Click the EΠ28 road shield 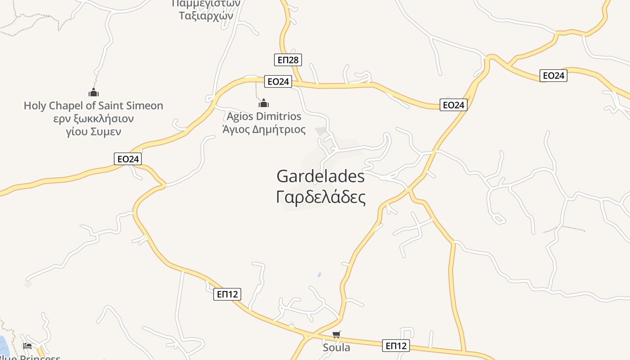(x=288, y=59)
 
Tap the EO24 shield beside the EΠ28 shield (x=278, y=81)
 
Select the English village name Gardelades (x=320, y=176)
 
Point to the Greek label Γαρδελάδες (x=320, y=197)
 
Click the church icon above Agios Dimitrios (x=264, y=103)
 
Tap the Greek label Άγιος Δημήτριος (x=264, y=130)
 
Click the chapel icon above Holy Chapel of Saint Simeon (x=94, y=93)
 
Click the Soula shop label (x=336, y=347)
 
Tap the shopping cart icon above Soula (x=336, y=334)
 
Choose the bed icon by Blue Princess (x=27, y=346)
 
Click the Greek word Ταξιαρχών (x=206, y=16)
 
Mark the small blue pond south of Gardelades (x=319, y=274)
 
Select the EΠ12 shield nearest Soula (x=396, y=346)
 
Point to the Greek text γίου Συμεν (x=94, y=132)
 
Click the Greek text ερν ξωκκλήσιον (x=94, y=119)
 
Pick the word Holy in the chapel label (x=35, y=106)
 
